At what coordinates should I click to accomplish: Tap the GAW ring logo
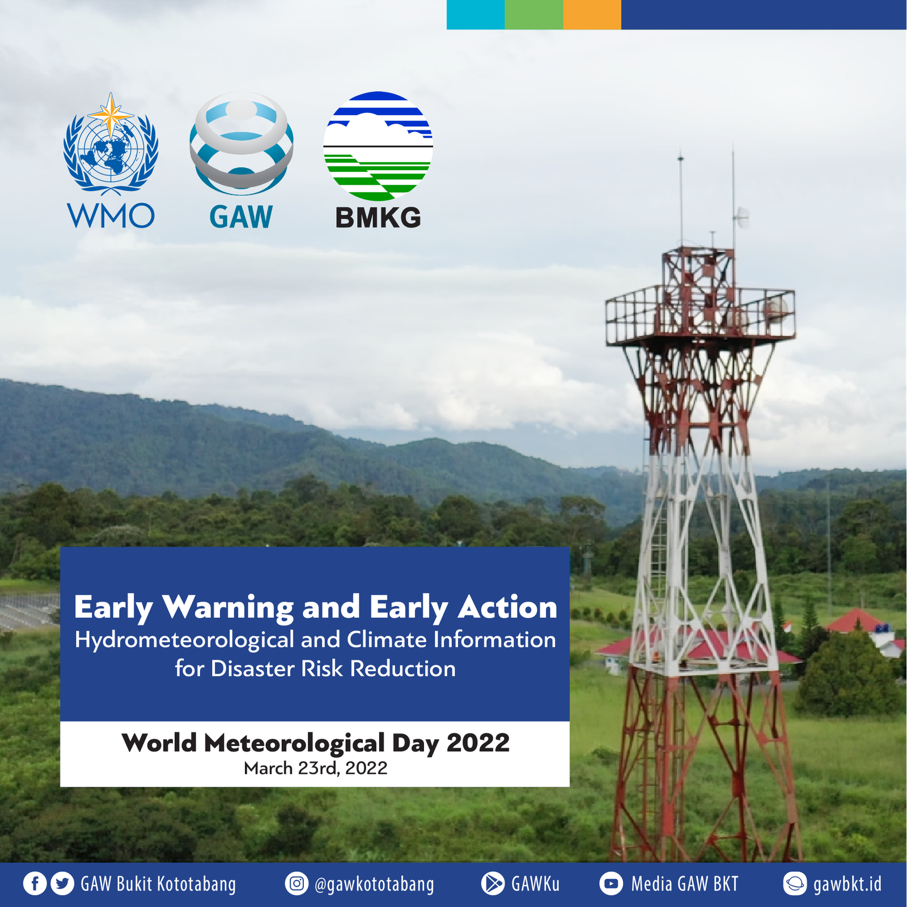[241, 142]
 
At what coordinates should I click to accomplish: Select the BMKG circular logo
[378, 146]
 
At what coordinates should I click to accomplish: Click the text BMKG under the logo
[378, 218]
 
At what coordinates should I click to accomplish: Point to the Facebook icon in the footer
[35, 884]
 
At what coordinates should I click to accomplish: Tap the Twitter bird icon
[62, 884]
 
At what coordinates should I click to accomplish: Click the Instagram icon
[296, 884]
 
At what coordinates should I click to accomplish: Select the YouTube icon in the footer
[611, 884]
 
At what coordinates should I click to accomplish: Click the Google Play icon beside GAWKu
[493, 884]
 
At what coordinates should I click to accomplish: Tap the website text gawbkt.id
[847, 884]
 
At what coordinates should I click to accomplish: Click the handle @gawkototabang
[374, 884]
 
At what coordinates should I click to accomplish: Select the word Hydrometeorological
[185, 640]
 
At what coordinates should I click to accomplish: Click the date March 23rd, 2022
[315, 768]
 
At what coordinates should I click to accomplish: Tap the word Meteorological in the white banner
[294, 743]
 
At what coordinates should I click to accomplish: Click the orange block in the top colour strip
[592, 14]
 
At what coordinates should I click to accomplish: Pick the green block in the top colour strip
[533, 14]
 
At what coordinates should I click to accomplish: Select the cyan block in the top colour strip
[476, 14]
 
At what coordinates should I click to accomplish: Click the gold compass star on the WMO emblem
[111, 114]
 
